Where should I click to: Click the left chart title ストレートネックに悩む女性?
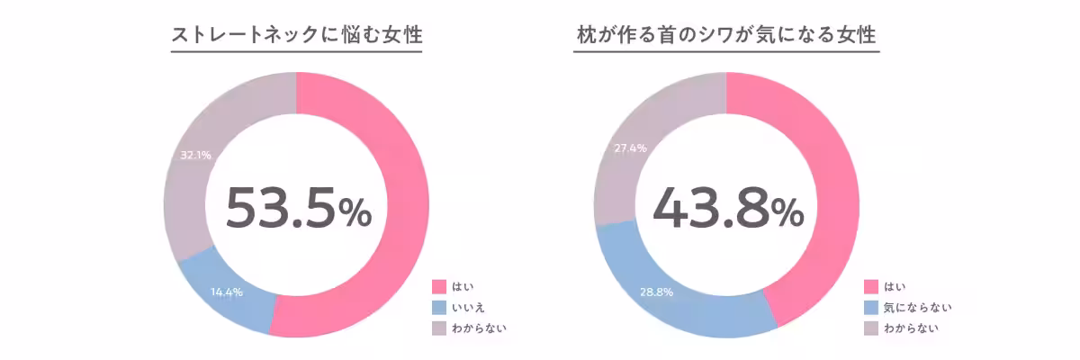click(296, 36)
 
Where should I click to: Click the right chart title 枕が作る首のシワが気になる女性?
click(726, 36)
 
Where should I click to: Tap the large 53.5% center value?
click(297, 208)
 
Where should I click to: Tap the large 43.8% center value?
click(727, 208)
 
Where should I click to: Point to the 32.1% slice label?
click(195, 155)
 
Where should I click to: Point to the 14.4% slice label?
click(226, 292)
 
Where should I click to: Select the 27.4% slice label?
click(630, 148)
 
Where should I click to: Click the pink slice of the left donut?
click(396, 207)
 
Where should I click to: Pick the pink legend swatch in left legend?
click(439, 286)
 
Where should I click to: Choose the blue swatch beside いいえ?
click(439, 307)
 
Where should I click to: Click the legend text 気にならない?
click(918, 307)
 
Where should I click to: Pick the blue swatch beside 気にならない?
click(871, 307)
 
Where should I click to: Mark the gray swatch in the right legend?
click(871, 328)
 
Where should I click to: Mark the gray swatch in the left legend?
click(439, 328)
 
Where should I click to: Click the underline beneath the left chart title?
click(296, 52)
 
